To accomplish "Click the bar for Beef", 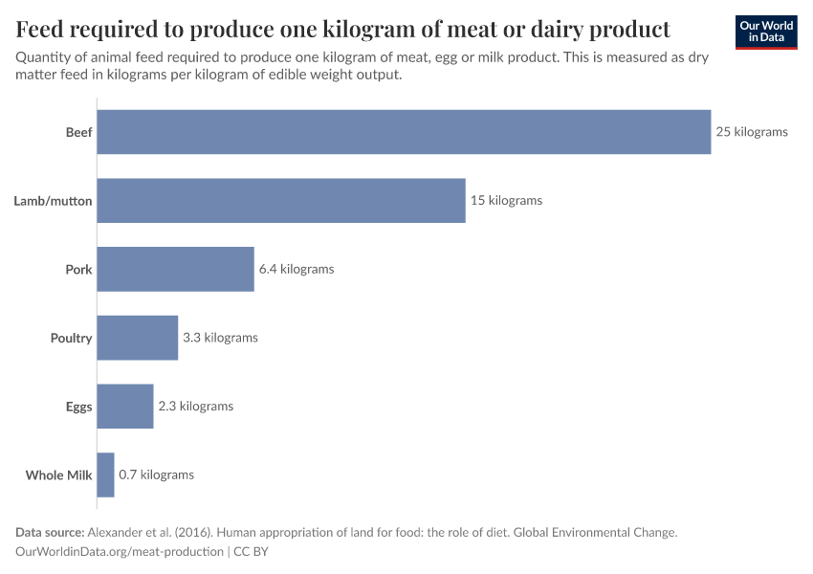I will tap(404, 132).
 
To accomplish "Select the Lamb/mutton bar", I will tap(281, 201).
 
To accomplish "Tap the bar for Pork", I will tap(176, 269).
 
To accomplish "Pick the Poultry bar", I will tap(138, 338).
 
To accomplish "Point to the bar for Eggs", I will tap(125, 407).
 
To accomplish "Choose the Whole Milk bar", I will tap(106, 475).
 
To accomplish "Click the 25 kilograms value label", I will tap(752, 132).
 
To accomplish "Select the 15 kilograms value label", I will tap(506, 201).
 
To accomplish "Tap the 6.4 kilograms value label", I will tap(297, 269).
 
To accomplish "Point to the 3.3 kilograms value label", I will tap(220, 338).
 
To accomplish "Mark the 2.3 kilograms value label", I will tap(195, 407).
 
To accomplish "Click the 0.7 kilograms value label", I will tap(156, 475).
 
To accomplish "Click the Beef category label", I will tap(78, 132).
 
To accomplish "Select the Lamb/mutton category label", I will tap(53, 201).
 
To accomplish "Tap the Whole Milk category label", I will tap(58, 475).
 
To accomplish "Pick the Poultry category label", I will tap(71, 338).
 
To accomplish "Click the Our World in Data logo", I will tap(766, 32).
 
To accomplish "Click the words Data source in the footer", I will tap(50, 532).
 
